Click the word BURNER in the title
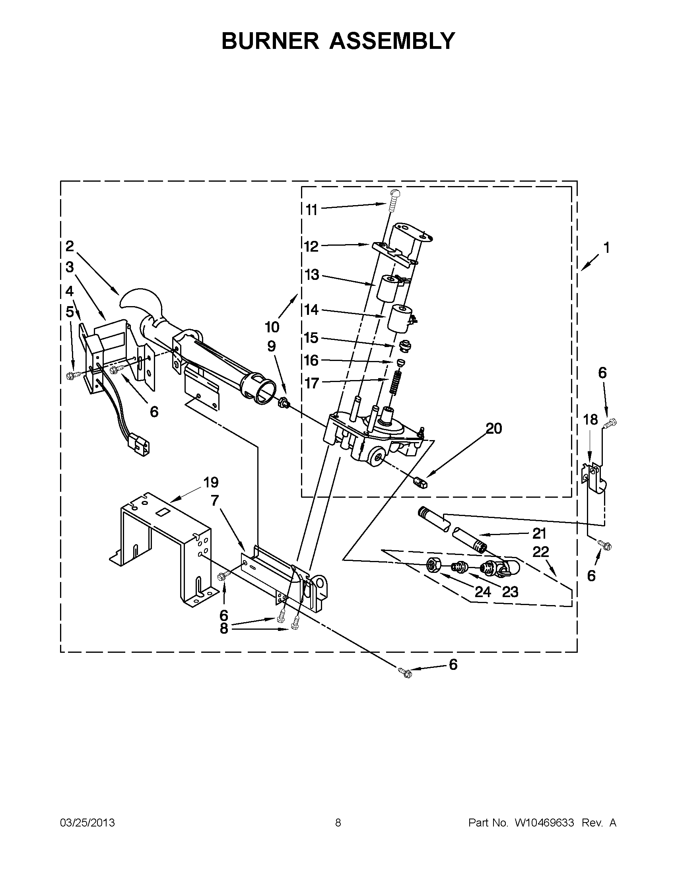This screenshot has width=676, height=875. [x=270, y=41]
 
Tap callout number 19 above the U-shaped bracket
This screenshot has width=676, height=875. [x=211, y=482]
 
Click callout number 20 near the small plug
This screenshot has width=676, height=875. [x=493, y=429]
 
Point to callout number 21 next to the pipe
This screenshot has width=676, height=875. [x=539, y=533]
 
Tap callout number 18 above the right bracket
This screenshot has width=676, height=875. [x=591, y=420]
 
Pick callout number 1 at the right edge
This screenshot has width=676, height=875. [x=606, y=248]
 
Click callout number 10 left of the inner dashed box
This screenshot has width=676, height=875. [x=272, y=327]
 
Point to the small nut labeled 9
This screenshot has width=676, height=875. [x=283, y=401]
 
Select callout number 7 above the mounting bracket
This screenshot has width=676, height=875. [x=215, y=501]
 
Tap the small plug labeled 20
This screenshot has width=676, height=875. [x=420, y=481]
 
